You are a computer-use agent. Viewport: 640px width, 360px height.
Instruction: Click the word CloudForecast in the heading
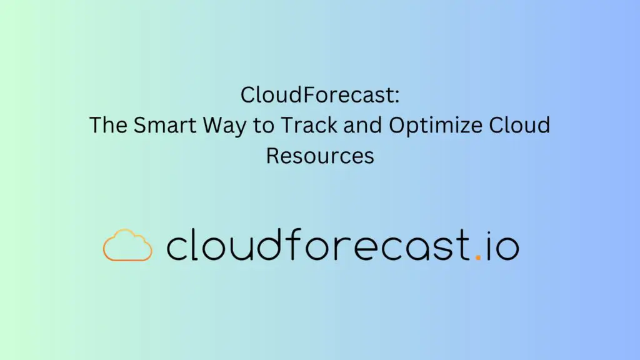317,95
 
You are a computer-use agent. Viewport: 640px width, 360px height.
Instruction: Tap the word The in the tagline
107,125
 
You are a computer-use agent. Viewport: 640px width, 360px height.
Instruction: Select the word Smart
165,125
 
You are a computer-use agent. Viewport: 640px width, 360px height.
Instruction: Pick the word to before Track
263,126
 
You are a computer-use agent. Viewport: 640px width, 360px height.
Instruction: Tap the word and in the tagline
362,125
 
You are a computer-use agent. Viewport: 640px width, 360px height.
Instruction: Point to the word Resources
320,156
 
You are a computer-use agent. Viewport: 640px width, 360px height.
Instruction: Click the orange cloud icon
127,245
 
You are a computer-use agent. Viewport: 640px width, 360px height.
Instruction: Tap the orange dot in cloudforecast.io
478,257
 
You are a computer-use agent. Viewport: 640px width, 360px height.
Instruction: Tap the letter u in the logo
236,249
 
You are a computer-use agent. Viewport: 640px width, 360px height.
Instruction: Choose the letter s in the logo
441,249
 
